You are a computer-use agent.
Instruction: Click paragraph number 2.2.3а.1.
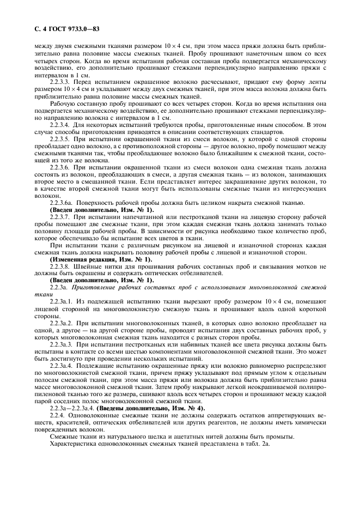pos(63,301)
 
